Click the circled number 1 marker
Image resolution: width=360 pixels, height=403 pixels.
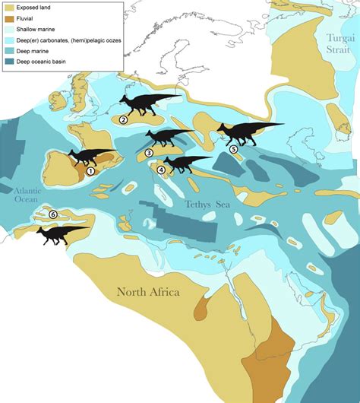[91, 171]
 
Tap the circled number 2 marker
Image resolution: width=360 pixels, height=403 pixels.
[124, 119]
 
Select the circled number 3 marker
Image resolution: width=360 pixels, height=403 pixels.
[149, 153]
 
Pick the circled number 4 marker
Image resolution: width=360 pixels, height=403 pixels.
[161, 170]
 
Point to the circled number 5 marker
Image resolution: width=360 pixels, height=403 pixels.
[234, 150]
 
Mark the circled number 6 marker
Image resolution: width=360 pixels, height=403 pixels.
[52, 214]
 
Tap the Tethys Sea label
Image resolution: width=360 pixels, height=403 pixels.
[207, 204]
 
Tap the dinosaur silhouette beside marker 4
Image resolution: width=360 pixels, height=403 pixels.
[182, 162]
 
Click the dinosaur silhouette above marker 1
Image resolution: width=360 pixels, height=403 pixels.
[91, 155]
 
